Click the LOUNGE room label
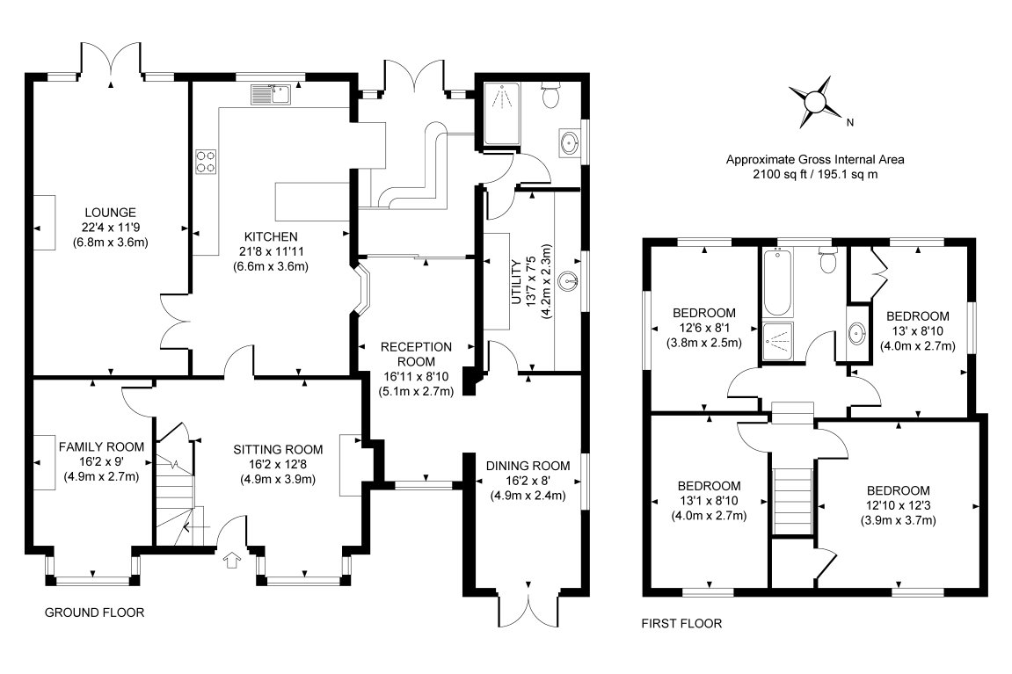(111, 212)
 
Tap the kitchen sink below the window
(273, 94)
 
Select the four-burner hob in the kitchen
(206, 161)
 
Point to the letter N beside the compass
(850, 122)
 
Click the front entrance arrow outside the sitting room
(231, 560)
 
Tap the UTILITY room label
(516, 282)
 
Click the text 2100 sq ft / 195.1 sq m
(815, 174)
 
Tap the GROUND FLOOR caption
(94, 612)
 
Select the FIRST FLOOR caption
(681, 624)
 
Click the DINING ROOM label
(528, 466)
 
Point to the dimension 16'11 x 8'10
(416, 377)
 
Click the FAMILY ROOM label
(101, 447)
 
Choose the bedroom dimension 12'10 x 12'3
(899, 505)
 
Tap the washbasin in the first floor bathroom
(857, 334)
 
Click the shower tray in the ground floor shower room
(501, 113)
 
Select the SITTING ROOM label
(278, 450)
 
